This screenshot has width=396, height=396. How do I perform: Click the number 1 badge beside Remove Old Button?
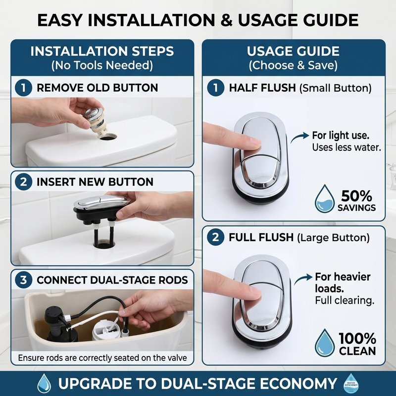point(23,88)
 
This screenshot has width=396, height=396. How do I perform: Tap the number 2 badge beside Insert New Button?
point(23,182)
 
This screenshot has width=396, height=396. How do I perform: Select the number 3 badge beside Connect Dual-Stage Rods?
point(23,280)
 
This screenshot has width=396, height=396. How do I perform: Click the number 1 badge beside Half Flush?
point(216,88)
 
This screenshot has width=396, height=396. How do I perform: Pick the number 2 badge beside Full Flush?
point(215,238)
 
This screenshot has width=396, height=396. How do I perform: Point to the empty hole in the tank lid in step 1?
point(108,137)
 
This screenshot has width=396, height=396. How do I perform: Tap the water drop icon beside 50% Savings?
point(325,199)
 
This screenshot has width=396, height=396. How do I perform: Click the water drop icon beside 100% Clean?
point(325,343)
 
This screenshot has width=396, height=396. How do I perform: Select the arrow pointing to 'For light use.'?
point(299,137)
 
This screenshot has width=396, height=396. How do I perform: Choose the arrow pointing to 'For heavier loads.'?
point(303,279)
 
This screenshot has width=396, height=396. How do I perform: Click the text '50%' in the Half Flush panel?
point(356,196)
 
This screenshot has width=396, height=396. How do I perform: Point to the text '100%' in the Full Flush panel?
point(357,339)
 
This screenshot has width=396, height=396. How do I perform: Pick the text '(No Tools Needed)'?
point(102,65)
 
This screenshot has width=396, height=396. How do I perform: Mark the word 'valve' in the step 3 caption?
point(177,358)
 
